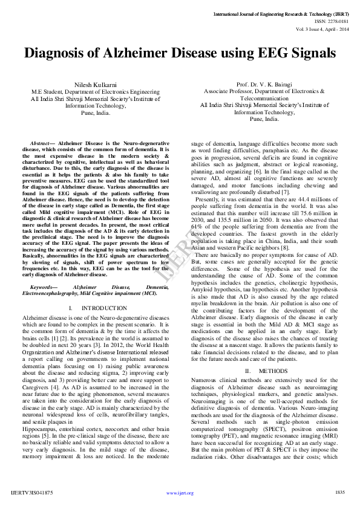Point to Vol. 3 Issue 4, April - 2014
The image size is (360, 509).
321,29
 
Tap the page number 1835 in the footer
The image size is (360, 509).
339,493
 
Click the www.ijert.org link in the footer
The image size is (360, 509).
180,493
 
